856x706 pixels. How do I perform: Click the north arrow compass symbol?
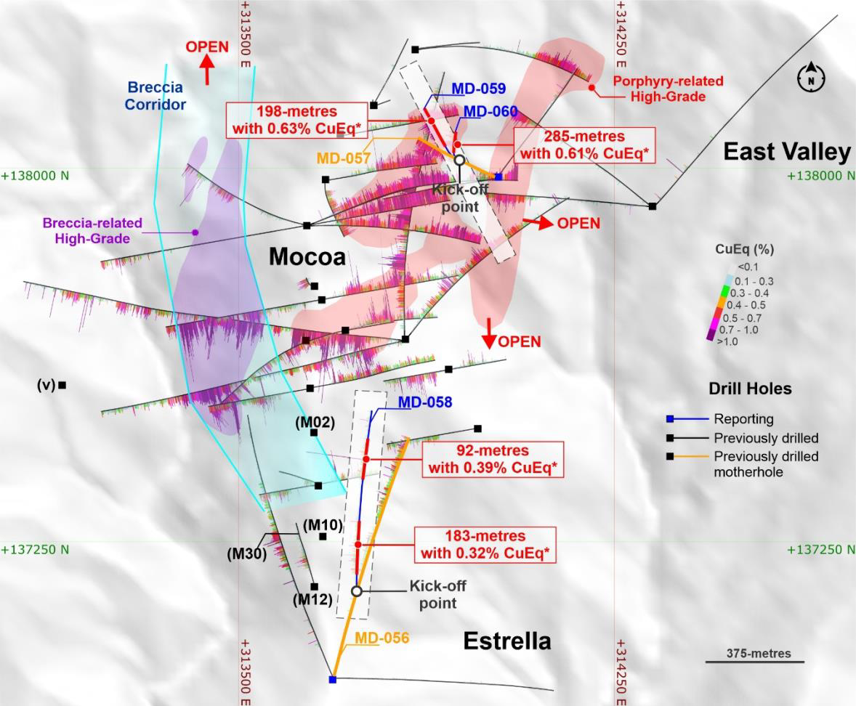811,76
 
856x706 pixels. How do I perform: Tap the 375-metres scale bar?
754,661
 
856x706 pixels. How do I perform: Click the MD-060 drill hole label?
490,112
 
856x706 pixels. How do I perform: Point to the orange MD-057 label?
344,158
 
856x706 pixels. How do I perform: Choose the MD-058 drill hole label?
425,402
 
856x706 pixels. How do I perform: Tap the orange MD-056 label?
382,638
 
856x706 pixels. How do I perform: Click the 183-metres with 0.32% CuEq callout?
485,545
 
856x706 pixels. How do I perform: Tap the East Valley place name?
786,152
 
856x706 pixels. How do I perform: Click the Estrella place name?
507,641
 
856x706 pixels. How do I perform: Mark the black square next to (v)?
62,385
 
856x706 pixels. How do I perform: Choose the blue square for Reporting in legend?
673,419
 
